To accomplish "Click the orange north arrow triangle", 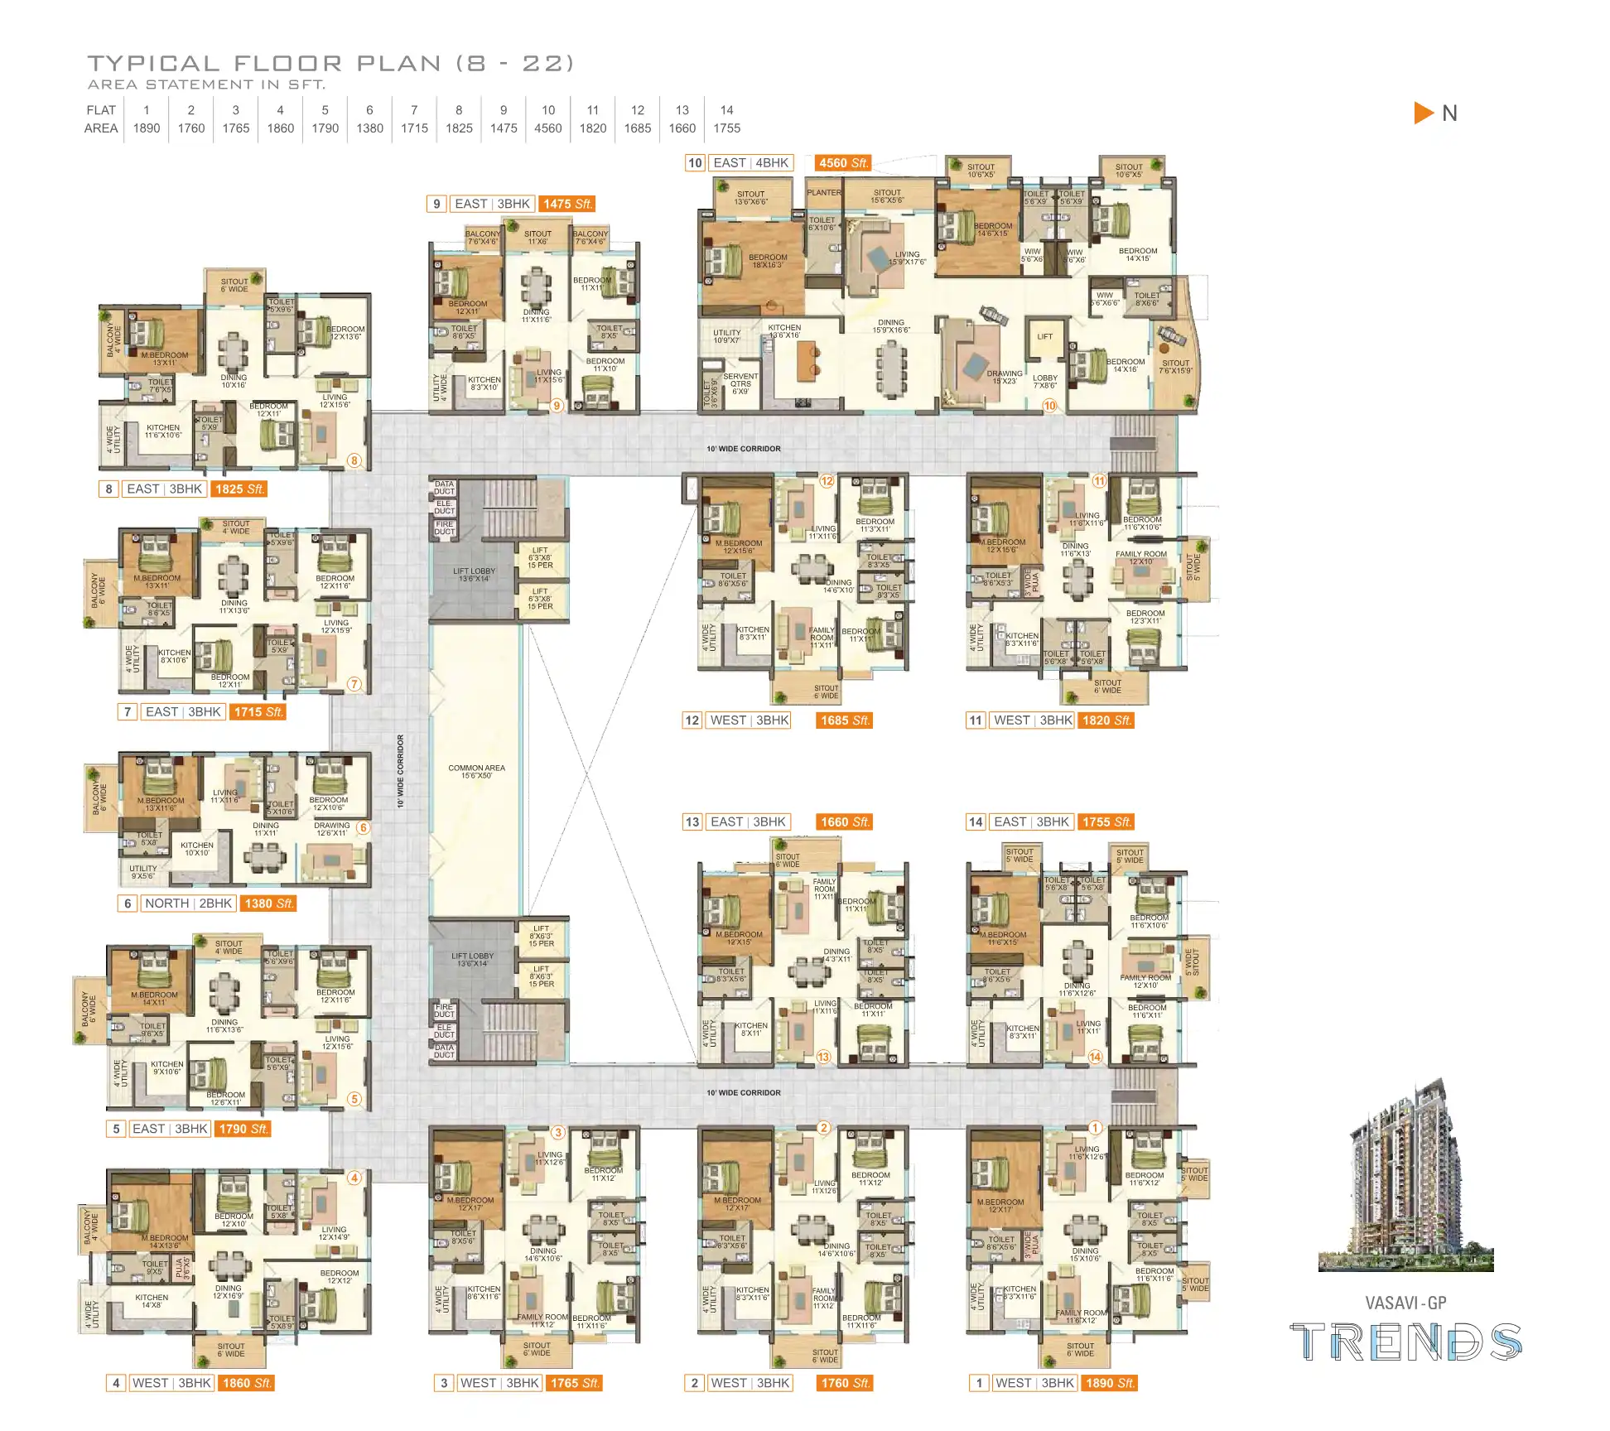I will [x=1422, y=113].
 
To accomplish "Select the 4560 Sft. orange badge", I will [x=843, y=163].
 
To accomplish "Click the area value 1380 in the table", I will [x=369, y=128].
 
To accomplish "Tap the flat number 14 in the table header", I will [x=726, y=110].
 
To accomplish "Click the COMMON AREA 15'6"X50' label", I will [x=476, y=772].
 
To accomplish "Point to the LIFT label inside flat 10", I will [x=1044, y=336].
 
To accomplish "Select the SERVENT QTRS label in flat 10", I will [x=740, y=383].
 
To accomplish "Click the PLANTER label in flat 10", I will [x=823, y=192].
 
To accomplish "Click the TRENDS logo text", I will [x=1405, y=1342].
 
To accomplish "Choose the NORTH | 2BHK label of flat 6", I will [x=188, y=903].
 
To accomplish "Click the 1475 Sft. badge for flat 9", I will [x=567, y=204].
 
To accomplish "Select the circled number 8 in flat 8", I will [x=354, y=460].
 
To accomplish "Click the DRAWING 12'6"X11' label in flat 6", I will [x=331, y=829].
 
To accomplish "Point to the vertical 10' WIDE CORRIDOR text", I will [x=400, y=770].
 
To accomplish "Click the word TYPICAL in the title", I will [x=153, y=64].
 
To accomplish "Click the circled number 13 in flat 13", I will [x=823, y=1057].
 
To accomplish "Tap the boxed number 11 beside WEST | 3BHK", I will [x=976, y=720].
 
